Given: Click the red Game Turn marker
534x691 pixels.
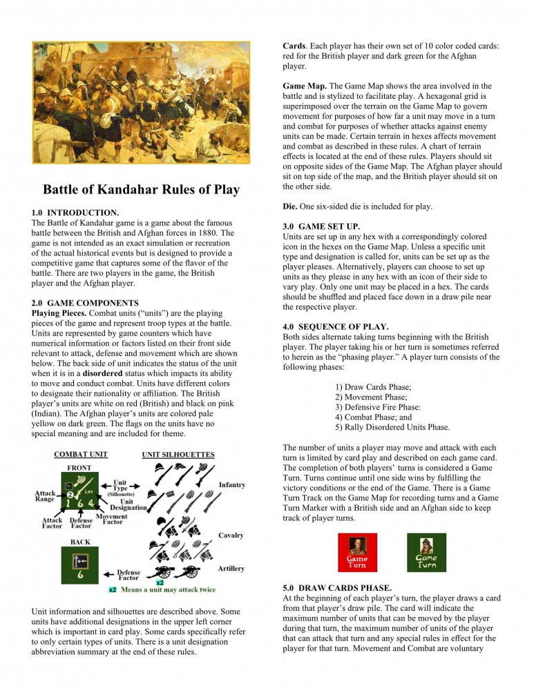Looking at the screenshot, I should [356, 552].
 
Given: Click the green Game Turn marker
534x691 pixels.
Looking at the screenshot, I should [426, 552].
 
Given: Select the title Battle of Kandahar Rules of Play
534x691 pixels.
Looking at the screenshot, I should [141, 189].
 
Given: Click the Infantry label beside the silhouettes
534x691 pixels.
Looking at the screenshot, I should [232, 485].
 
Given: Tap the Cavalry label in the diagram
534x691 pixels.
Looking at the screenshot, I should [231, 535].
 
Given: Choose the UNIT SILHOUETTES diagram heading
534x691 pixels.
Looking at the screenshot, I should [178, 455].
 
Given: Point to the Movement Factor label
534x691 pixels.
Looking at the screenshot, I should [111, 520].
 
